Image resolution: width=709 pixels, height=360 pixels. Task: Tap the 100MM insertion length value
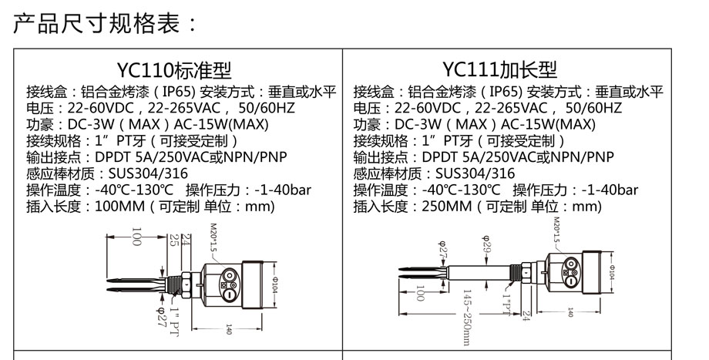pyautogui.click(x=118, y=207)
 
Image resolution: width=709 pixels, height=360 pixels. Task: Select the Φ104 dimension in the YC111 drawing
pyautogui.click(x=610, y=271)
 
